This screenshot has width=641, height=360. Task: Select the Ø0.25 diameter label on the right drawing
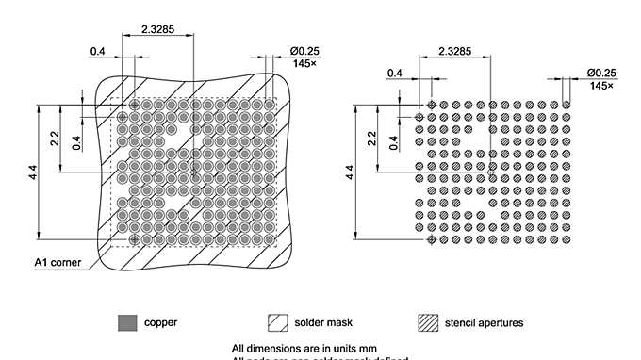[600, 73]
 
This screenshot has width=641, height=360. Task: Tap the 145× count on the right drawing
[601, 85]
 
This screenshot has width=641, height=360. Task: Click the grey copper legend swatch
[126, 322]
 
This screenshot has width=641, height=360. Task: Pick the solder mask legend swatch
[278, 322]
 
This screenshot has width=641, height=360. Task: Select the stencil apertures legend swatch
[430, 322]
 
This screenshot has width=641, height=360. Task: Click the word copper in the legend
[160, 322]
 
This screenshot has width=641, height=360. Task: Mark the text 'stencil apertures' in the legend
[485, 322]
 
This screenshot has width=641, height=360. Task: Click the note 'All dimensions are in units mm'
[298, 348]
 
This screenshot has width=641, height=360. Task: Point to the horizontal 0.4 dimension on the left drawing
[97, 50]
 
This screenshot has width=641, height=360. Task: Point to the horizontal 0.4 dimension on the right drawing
[394, 73]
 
